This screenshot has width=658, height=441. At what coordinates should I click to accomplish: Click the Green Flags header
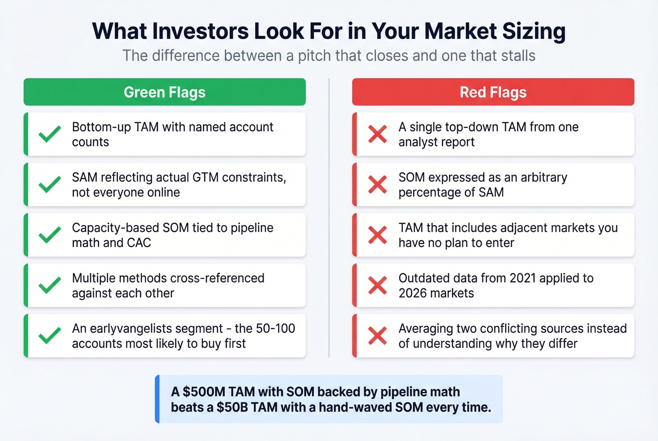click(164, 92)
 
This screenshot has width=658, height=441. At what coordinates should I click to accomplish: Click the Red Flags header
click(493, 92)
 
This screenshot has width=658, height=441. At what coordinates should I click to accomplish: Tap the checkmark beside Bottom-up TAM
click(50, 134)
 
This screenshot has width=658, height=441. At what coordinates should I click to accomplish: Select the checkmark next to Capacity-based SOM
click(50, 235)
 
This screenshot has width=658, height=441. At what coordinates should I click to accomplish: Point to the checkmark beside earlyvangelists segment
click(50, 335)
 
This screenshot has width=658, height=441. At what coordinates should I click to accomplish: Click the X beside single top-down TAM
click(377, 134)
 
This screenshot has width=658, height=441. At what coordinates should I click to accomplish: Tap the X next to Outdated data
click(377, 285)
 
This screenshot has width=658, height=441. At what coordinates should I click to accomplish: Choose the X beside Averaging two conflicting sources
click(377, 335)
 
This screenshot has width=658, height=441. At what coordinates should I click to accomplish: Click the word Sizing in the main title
click(534, 31)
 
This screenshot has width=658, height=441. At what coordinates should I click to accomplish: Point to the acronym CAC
click(139, 243)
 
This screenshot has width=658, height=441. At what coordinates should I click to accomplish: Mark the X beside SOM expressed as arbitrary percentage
click(377, 185)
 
